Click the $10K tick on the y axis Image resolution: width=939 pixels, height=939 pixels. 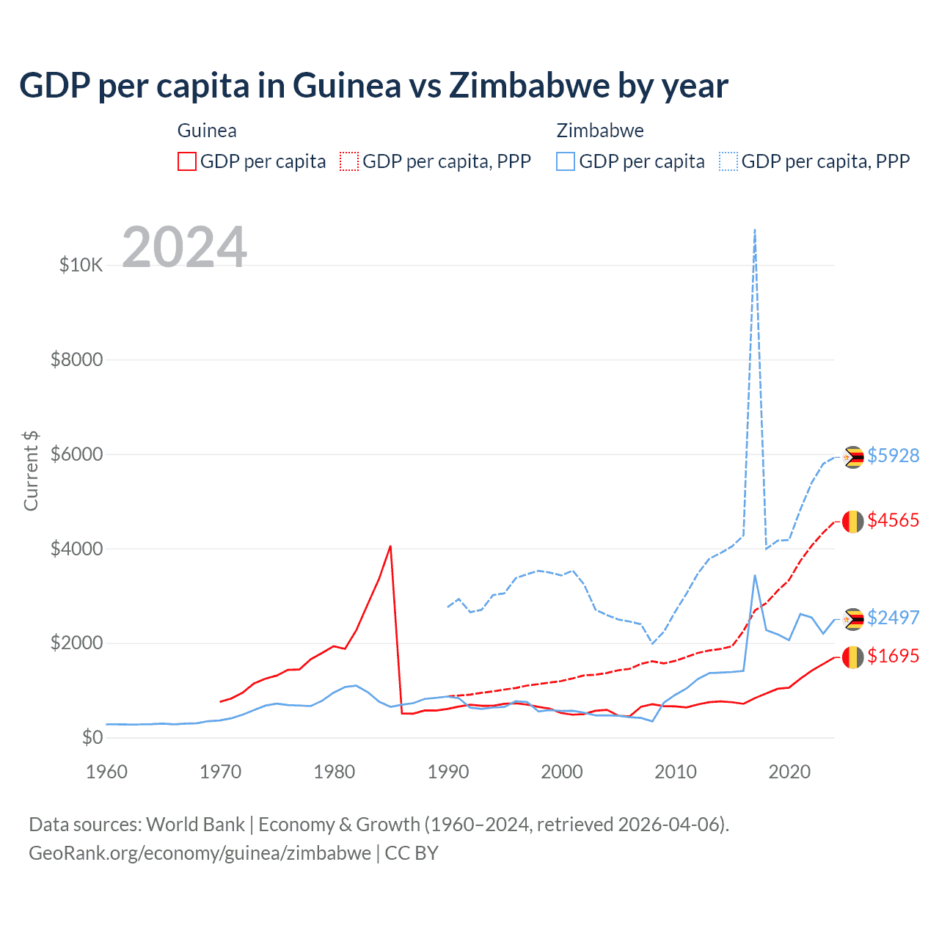81,265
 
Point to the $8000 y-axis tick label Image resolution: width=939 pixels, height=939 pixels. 76,359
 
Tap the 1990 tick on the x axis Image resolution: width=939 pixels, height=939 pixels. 448,772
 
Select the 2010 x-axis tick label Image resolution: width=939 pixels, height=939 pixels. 676,772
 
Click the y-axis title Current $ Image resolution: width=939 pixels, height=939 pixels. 31,470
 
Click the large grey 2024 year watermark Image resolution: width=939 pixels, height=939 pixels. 184,247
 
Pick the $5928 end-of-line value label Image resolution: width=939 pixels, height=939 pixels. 893,456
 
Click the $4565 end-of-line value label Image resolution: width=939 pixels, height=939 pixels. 893,520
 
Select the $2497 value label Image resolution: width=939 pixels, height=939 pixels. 893,618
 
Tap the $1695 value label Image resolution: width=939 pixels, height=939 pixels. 893,656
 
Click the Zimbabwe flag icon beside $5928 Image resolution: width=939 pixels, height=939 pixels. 852,457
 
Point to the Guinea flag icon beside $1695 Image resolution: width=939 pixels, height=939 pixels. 852,657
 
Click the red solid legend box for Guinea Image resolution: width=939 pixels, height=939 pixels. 187,161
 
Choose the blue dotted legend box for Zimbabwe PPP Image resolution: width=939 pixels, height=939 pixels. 728,161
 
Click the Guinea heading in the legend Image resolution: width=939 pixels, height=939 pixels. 207,131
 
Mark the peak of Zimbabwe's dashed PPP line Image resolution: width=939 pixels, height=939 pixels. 755,230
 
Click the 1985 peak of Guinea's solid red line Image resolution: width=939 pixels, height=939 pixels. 390,547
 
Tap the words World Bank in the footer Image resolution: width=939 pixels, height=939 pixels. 195,825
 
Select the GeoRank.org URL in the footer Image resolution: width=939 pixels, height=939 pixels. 200,853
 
